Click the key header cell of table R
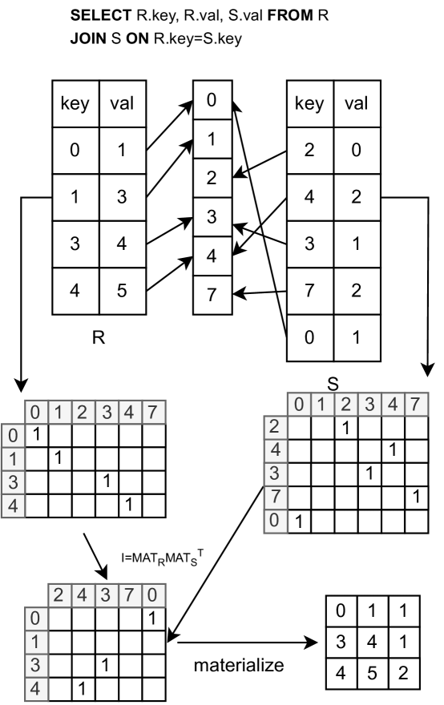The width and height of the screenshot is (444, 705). point(75,104)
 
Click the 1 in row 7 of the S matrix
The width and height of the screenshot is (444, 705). point(414,496)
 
